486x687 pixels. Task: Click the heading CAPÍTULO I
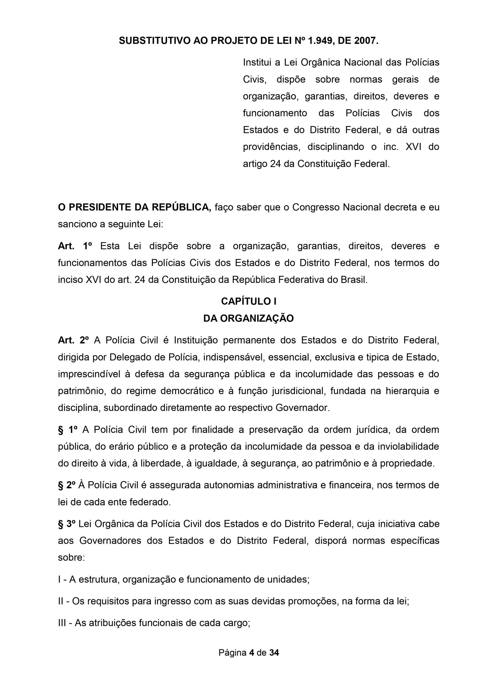[249, 301]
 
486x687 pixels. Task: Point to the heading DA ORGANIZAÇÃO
[249, 318]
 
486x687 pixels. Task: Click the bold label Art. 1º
[75, 246]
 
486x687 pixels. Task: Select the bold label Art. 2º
[73, 341]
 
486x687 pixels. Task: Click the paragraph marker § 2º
[67, 485]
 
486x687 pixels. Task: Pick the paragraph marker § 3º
[67, 524]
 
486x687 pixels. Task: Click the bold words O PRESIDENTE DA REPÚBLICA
[135, 207]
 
